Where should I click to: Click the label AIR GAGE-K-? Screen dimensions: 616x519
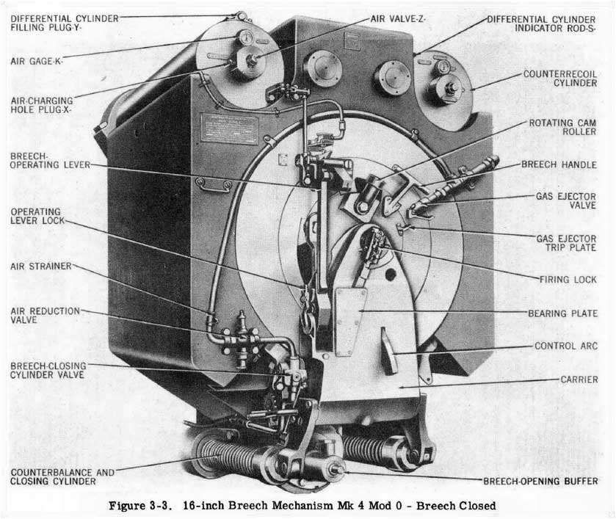point(37,60)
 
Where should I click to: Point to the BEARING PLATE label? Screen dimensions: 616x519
point(562,313)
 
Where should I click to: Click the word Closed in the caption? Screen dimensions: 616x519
point(477,506)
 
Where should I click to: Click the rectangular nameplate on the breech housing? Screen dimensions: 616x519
point(229,126)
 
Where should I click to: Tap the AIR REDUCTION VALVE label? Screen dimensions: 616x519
point(45,315)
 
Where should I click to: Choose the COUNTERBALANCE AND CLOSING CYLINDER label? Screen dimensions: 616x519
point(53,476)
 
